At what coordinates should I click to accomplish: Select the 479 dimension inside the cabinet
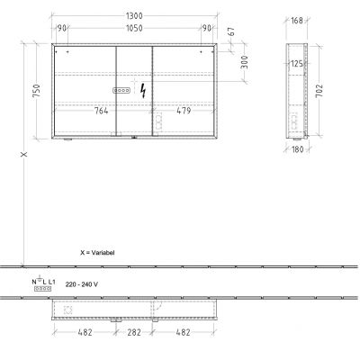click(x=183, y=112)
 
